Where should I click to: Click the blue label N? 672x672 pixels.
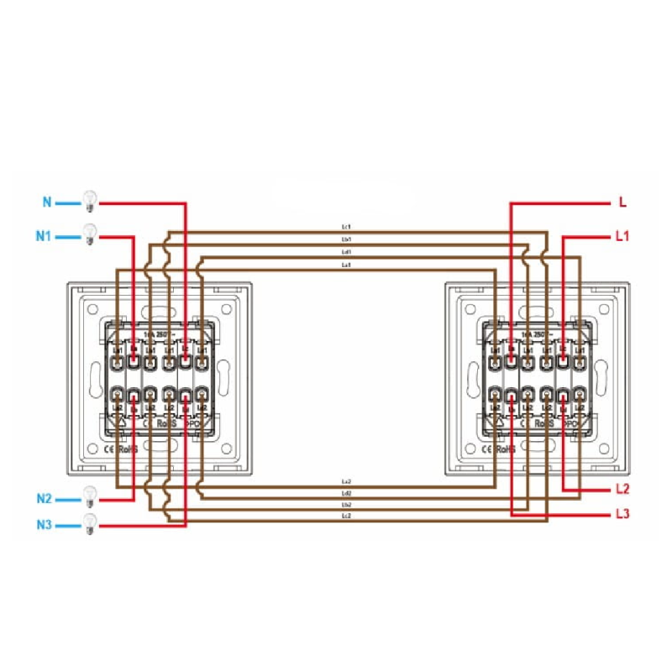coord(47,202)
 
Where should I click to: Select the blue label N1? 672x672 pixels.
coord(44,236)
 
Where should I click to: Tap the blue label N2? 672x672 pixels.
coord(44,499)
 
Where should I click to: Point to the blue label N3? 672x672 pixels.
coord(44,525)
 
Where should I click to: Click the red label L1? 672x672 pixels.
coord(622,237)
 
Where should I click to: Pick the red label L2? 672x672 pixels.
coord(622,489)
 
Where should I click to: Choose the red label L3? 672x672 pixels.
coord(622,514)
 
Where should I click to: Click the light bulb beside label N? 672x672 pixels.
coord(89,201)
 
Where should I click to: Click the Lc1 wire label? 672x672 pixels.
coord(346,227)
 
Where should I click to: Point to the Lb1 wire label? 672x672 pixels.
coord(346,239)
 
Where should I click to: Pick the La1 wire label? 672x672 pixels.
coord(346,265)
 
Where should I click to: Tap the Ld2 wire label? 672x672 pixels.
coord(346,492)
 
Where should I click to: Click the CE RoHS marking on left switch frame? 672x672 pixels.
coord(120,449)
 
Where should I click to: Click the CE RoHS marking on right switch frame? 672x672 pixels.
coord(496,449)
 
